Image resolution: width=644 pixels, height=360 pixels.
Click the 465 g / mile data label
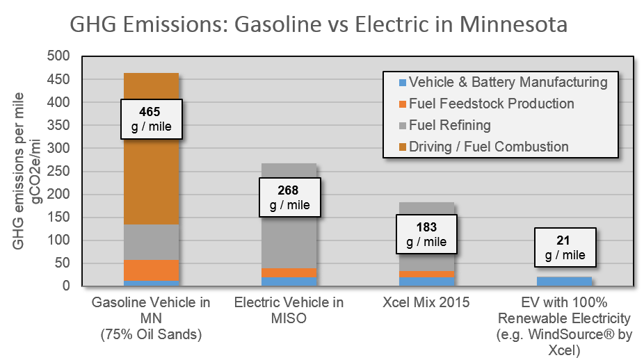[152, 119]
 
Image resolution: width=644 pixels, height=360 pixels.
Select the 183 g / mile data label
[426, 234]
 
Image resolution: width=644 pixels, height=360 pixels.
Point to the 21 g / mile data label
[564, 248]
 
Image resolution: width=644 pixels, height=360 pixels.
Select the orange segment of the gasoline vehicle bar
[152, 270]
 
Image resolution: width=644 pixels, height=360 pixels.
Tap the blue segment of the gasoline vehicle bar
[152, 283]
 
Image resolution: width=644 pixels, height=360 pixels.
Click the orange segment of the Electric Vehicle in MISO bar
[289, 272]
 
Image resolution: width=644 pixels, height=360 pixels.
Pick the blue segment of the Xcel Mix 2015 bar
[426, 281]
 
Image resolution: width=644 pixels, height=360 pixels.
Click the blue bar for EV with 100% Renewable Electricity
[564, 281]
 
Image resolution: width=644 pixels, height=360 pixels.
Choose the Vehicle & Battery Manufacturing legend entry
[501, 82]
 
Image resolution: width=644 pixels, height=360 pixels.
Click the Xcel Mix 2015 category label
[426, 303]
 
